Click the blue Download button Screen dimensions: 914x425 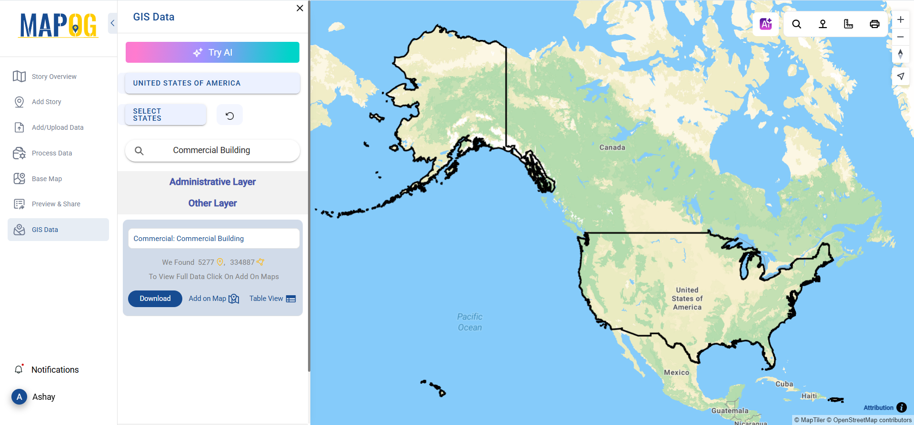(155, 299)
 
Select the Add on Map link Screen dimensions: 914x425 (213, 299)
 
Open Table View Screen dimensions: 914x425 (272, 299)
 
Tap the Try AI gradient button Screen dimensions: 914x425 (212, 52)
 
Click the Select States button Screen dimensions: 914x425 (165, 115)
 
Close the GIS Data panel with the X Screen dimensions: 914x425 (300, 8)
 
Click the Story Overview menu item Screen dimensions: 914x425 (54, 77)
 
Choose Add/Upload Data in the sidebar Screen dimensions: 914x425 (57, 127)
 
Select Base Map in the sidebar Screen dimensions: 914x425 (47, 179)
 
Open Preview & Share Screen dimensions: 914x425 (56, 204)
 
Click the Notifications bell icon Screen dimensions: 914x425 (19, 369)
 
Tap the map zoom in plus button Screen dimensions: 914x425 (900, 20)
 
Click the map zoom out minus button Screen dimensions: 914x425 (900, 37)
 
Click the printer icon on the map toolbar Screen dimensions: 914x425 (874, 24)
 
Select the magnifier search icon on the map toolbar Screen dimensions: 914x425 (796, 24)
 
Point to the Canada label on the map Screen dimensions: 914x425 (612, 147)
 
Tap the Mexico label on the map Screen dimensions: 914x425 (676, 373)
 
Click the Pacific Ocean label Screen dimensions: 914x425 (470, 322)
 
